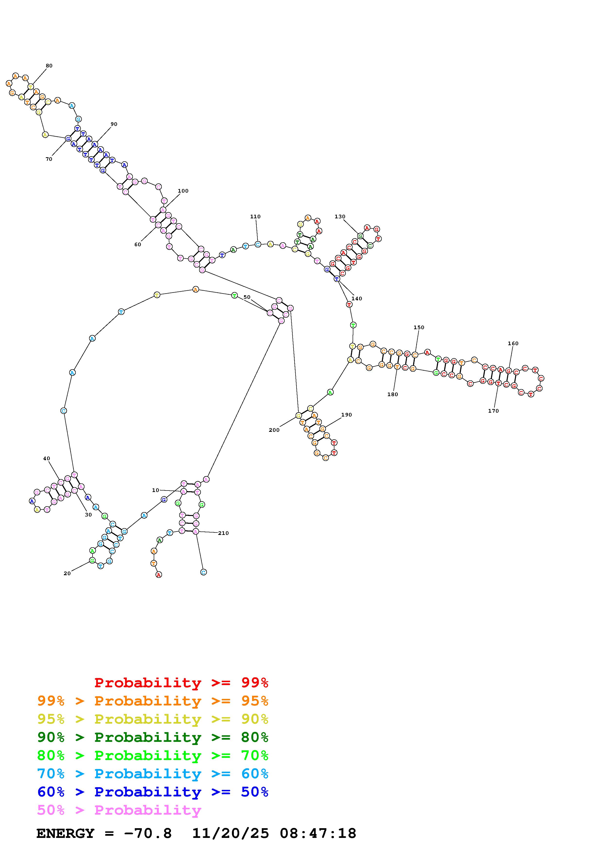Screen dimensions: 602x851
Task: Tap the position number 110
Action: (255, 216)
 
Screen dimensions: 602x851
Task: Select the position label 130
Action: (340, 216)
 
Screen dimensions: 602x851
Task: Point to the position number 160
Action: (513, 344)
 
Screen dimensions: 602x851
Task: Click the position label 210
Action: (223, 533)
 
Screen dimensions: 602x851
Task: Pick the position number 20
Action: (67, 573)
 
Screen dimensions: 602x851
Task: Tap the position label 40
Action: (46, 458)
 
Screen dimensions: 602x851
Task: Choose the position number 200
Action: (274, 430)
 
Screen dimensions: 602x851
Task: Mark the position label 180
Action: (392, 394)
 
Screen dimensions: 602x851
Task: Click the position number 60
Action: (138, 245)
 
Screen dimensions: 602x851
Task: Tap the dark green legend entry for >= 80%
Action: (153, 737)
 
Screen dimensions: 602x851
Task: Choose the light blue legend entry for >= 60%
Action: (153, 774)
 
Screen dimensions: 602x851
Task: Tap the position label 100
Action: (183, 191)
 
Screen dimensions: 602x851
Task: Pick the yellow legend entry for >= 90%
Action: (153, 719)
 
